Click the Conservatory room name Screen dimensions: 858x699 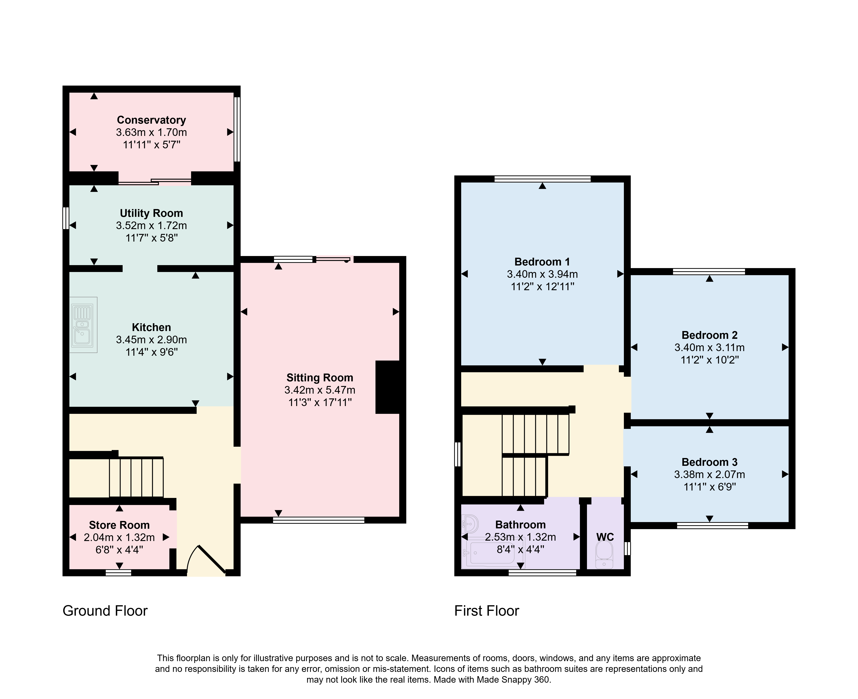(151, 120)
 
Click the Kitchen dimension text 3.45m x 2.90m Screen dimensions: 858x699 (151, 339)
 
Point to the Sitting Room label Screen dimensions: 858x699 (320, 378)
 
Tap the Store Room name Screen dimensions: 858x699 (119, 525)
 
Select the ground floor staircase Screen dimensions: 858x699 (136, 477)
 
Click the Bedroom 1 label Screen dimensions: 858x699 (542, 262)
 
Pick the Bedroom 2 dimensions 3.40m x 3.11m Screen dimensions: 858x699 (710, 347)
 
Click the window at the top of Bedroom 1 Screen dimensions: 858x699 (542, 179)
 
